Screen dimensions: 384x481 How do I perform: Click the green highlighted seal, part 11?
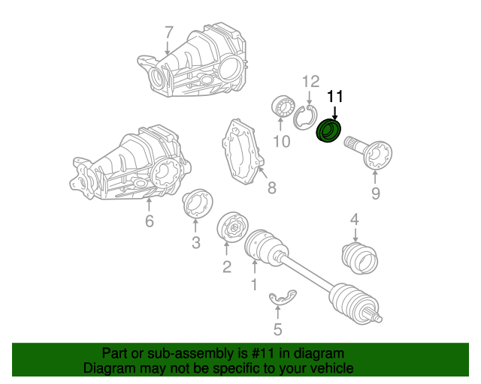[x=328, y=131]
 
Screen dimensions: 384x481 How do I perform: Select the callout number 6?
[x=149, y=220]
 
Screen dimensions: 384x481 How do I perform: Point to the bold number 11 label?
[x=334, y=96]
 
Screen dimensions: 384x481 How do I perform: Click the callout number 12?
[x=311, y=82]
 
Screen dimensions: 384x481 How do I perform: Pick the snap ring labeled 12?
[x=305, y=118]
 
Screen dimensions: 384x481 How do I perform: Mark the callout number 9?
[x=375, y=193]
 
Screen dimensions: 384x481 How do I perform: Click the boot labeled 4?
[x=360, y=256]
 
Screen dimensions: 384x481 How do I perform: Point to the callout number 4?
[x=355, y=219]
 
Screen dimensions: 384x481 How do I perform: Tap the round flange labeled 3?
[x=197, y=204]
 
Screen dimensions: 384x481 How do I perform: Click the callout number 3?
[x=195, y=241]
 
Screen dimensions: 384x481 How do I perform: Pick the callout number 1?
[x=254, y=284]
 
